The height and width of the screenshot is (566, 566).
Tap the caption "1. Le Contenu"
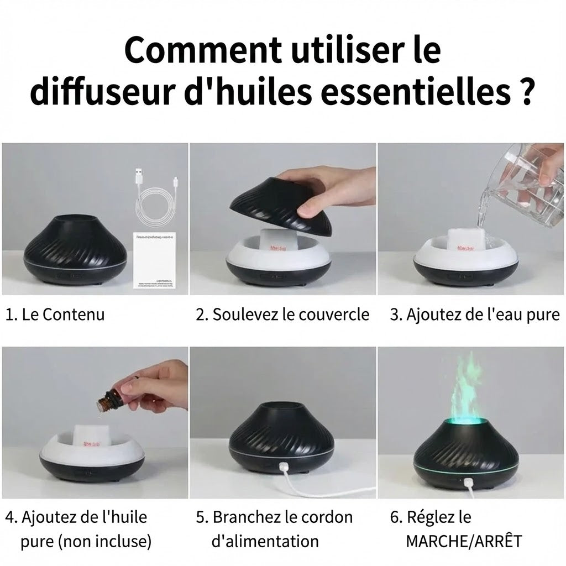tap(55, 315)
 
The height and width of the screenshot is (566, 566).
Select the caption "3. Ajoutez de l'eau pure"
tap(475, 315)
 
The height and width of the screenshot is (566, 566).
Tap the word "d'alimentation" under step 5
tap(265, 541)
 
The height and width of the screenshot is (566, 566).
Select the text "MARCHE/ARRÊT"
tap(464, 541)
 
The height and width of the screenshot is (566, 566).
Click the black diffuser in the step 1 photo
tap(72, 249)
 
